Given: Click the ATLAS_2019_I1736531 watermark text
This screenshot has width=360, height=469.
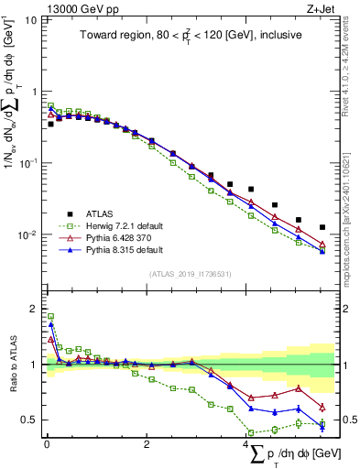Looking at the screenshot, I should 190,274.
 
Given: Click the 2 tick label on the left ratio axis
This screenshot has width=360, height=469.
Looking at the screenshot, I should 32,308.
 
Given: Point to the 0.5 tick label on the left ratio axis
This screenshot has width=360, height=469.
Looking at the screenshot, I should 28,420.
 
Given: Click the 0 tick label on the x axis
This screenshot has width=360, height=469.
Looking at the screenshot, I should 46,445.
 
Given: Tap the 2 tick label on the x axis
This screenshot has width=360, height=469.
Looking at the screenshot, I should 147,445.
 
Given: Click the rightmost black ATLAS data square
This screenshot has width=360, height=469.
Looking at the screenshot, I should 322,227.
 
